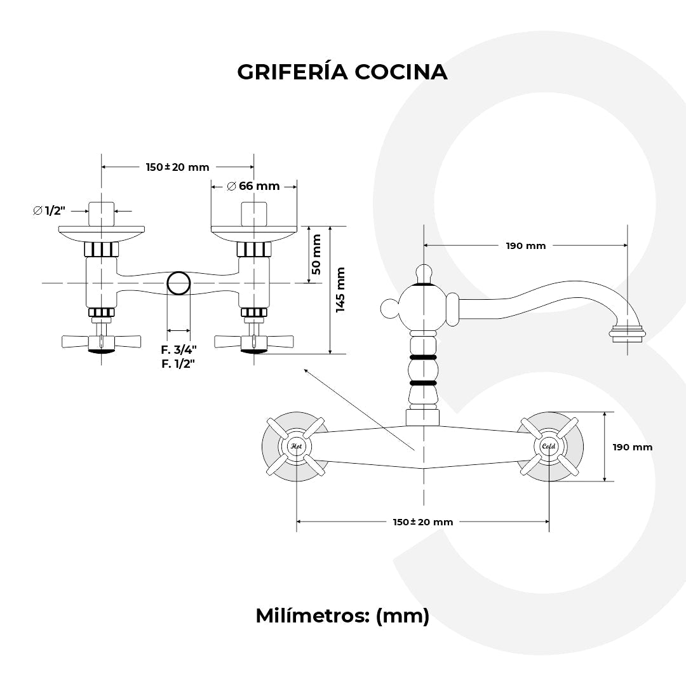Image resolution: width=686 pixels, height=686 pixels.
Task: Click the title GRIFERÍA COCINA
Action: [x=342, y=72]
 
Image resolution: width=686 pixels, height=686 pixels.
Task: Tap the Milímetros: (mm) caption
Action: [x=342, y=615]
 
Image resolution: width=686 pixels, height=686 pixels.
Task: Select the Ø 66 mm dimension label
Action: [x=253, y=186]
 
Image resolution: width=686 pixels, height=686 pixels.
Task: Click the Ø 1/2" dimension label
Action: [x=50, y=210]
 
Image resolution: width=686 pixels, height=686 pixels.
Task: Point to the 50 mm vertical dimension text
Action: [x=316, y=254]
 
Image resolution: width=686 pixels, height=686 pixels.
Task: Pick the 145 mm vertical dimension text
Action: [x=340, y=290]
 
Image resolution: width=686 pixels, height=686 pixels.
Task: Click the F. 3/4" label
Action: [x=178, y=349]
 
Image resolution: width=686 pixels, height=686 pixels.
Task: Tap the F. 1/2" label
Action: [x=178, y=363]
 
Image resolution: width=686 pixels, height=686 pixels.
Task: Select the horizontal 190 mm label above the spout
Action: [x=525, y=246]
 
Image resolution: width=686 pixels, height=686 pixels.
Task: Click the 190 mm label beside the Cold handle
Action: [x=632, y=447]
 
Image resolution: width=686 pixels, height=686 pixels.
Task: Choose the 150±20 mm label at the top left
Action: [x=177, y=167]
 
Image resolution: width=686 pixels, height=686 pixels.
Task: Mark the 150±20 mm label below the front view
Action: [x=422, y=521]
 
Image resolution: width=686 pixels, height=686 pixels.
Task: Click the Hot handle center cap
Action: [x=296, y=447]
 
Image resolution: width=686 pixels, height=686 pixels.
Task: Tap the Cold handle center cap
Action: [x=548, y=447]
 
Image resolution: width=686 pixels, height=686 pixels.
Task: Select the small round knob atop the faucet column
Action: [x=423, y=273]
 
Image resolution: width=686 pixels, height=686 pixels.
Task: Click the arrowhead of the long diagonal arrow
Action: [x=306, y=370]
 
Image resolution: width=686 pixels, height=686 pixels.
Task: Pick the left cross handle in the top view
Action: [x=101, y=342]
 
